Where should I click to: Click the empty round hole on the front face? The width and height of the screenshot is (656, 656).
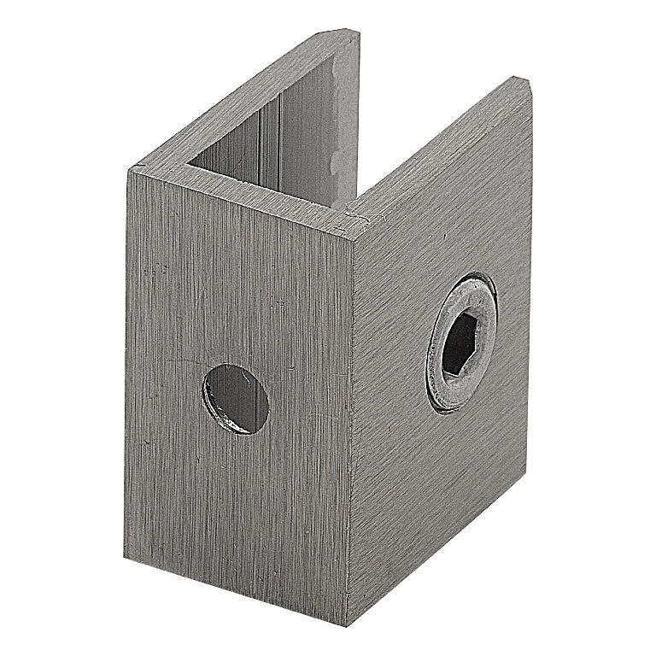(x=236, y=399)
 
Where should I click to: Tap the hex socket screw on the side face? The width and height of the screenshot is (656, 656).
(x=461, y=342)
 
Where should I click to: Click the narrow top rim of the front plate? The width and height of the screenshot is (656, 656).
(x=239, y=190)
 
